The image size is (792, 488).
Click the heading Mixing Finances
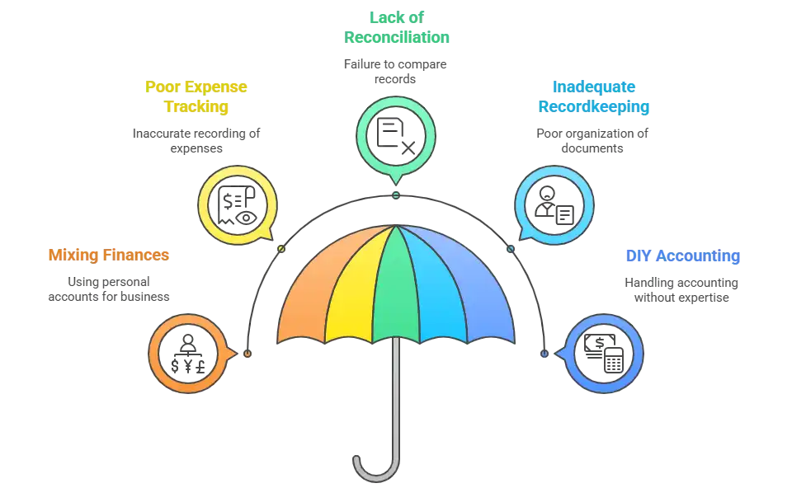(109, 255)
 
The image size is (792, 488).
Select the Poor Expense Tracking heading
(196, 96)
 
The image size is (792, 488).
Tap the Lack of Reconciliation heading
(397, 27)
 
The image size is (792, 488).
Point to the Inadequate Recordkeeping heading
(593, 96)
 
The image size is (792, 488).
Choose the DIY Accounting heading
(683, 256)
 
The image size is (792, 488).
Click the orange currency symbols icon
(188, 354)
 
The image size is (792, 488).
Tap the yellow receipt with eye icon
(237, 205)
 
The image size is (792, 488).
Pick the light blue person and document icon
(554, 205)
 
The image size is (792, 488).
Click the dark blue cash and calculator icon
(604, 354)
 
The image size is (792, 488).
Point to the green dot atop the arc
(396, 195)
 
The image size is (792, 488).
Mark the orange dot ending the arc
(247, 354)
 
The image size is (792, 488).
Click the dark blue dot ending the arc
(544, 354)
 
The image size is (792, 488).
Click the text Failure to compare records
(395, 72)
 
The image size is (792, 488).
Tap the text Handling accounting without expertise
(681, 290)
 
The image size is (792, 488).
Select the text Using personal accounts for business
(109, 289)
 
